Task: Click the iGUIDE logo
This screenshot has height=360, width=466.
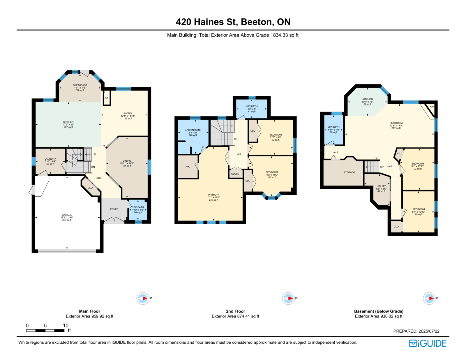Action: [x=427, y=343]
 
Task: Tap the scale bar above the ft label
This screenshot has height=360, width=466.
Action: [x=45, y=331]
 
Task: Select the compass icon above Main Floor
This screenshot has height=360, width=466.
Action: [x=143, y=298]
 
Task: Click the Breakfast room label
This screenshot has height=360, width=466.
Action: [x=80, y=85]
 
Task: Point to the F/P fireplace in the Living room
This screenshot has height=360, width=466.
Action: [x=107, y=98]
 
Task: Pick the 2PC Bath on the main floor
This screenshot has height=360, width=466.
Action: [x=138, y=210]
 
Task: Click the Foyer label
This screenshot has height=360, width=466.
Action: [x=114, y=209]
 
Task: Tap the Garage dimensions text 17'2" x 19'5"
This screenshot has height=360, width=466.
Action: [x=67, y=217]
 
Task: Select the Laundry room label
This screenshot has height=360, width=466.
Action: [x=50, y=159]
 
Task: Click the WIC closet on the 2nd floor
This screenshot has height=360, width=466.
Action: [x=188, y=167]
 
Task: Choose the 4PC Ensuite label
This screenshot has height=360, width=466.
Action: [x=193, y=130]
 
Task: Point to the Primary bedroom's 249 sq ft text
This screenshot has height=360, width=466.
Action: [x=213, y=200]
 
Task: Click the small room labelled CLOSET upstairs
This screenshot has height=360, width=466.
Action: [x=236, y=174]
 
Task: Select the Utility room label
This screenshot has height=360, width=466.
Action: [x=381, y=186]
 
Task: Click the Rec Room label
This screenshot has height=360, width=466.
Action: [x=396, y=123]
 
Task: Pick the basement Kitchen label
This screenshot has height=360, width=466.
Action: [x=368, y=99]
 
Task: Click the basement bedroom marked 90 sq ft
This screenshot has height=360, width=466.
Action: [x=419, y=212]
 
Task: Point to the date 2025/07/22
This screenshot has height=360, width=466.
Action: [x=429, y=331]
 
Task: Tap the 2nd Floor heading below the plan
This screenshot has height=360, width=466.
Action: [x=235, y=311]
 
